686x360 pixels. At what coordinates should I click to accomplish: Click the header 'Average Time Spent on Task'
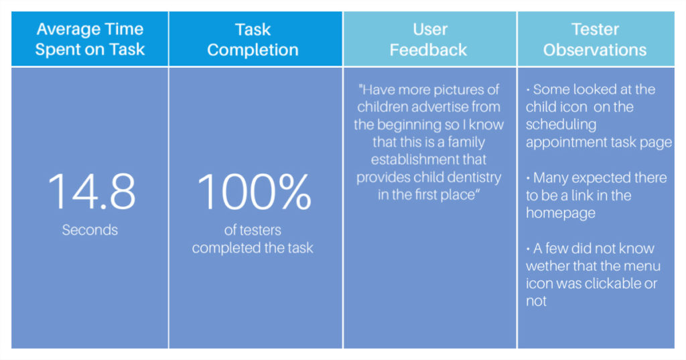coord(90,39)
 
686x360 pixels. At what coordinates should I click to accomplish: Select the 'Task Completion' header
coord(253,40)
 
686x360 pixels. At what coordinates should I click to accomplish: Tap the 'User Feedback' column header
coord(429,40)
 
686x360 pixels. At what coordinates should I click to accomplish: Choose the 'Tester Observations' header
coord(595,40)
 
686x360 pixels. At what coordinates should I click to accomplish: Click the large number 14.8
coord(91,191)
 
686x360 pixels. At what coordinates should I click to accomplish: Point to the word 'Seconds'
coord(90,230)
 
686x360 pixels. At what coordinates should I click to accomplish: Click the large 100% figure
coord(254,191)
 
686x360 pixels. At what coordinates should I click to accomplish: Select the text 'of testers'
coord(253,230)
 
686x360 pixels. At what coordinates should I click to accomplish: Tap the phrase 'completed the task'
coord(253,248)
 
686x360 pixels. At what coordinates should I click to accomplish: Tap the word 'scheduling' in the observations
coord(561,125)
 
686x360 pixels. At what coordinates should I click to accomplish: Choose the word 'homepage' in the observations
coord(561,213)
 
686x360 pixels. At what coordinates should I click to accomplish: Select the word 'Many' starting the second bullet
coord(549,178)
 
